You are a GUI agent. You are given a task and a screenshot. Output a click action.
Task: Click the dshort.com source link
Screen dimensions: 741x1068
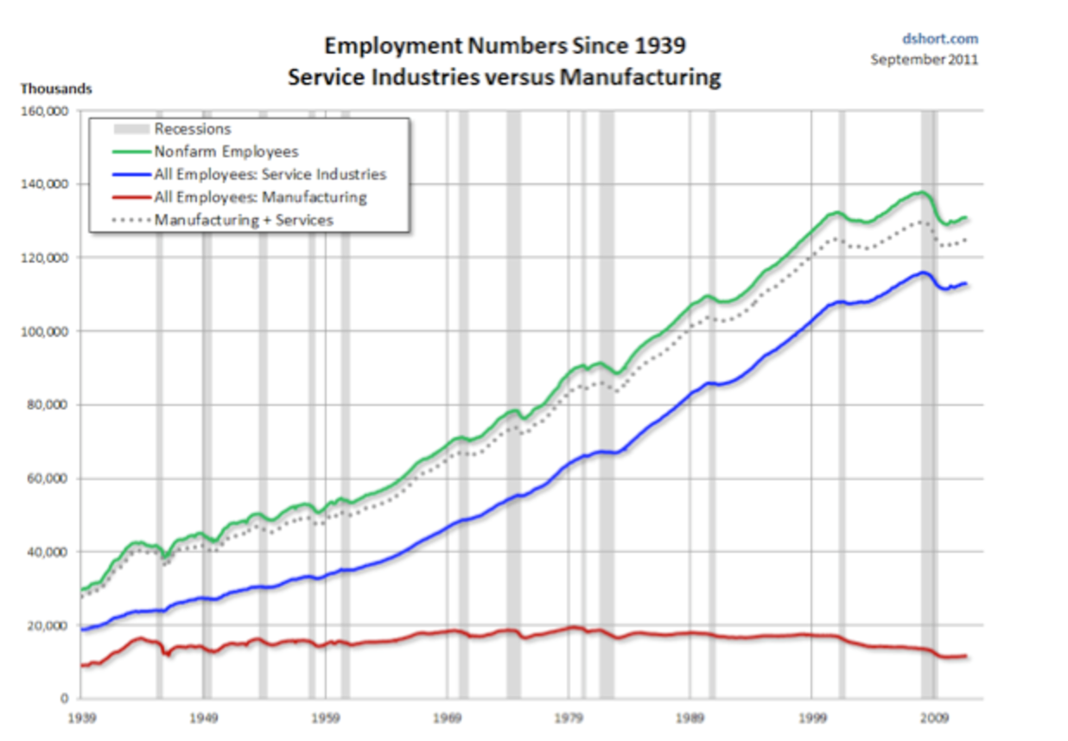[940, 39]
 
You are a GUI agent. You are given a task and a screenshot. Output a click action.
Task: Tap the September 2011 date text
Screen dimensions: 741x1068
[924, 60]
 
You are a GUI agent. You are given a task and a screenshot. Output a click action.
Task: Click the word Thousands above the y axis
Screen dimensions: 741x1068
[56, 89]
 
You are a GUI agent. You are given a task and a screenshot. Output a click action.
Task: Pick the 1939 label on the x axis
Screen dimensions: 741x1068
[81, 718]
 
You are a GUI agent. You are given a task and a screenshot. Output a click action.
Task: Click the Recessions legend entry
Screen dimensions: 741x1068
[192, 130]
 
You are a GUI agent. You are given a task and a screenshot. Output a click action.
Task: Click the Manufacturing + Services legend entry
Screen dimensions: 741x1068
[244, 219]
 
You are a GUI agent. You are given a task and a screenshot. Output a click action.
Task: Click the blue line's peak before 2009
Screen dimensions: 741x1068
[924, 272]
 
